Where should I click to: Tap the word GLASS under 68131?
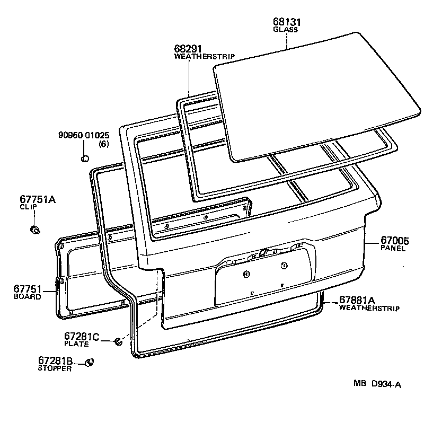click(x=286, y=30)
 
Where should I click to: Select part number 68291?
click(x=188, y=48)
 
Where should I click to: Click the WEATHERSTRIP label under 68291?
click(x=205, y=56)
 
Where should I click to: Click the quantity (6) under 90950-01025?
click(x=103, y=144)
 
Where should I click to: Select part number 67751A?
click(x=38, y=199)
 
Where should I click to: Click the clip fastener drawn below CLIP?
click(x=36, y=230)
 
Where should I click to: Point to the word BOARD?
click(x=27, y=297)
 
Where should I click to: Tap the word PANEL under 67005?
click(x=393, y=248)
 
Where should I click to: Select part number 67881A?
click(x=361, y=300)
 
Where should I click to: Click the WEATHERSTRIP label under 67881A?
click(x=369, y=308)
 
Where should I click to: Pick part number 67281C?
click(x=82, y=336)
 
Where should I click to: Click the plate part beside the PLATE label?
click(x=119, y=341)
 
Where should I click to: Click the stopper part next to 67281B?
click(x=89, y=363)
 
